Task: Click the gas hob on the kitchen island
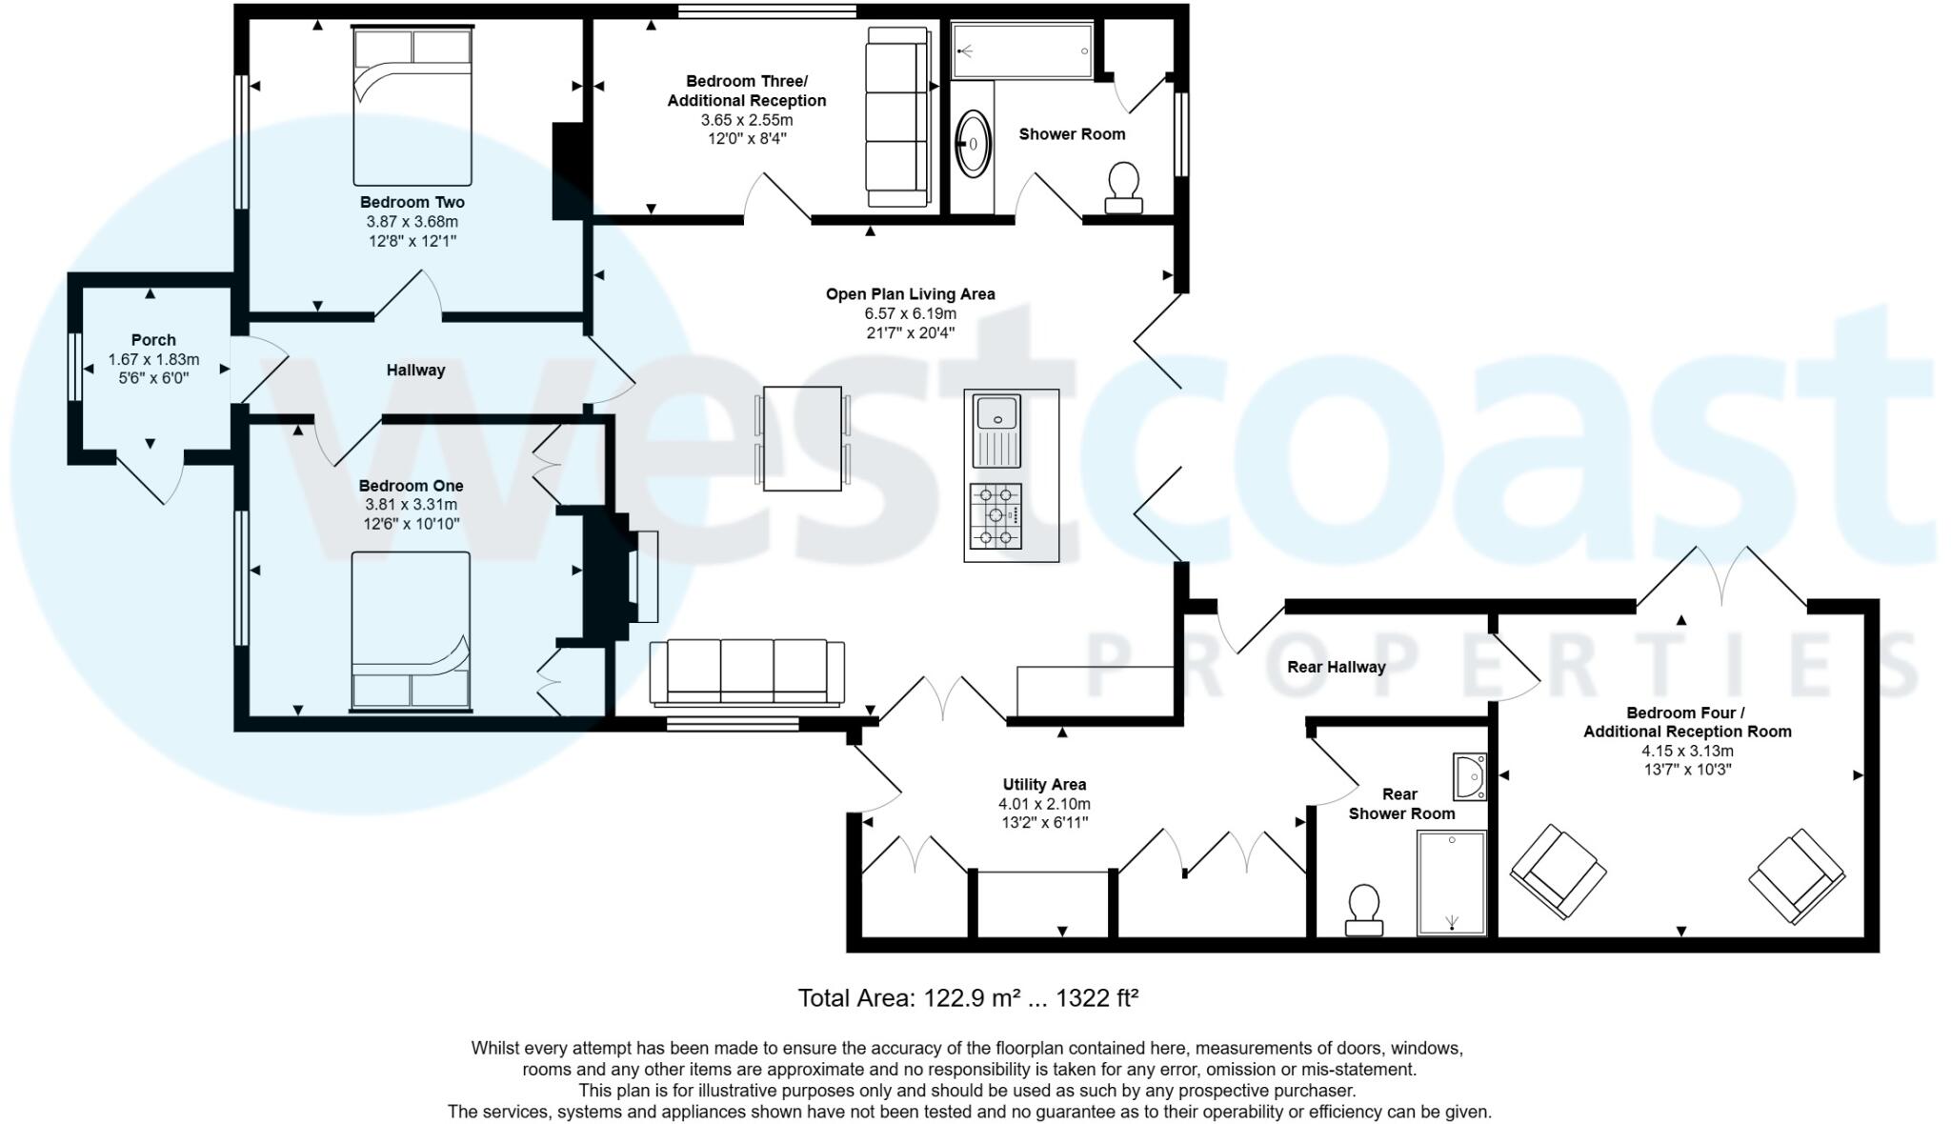996,515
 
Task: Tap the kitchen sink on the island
997,431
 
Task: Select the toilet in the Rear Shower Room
1364,910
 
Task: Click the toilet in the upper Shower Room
1124,187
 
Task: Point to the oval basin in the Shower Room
973,144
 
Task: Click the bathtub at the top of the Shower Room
1022,50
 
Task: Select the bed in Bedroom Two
412,107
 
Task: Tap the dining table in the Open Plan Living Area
802,438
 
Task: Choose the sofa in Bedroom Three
896,116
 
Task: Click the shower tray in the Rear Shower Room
1451,882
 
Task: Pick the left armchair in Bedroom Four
1558,872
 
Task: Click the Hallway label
415,371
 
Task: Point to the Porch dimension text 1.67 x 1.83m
153,360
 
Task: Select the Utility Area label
1044,785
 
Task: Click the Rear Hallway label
1336,667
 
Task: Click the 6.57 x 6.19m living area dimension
910,313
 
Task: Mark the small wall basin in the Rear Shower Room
1470,776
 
